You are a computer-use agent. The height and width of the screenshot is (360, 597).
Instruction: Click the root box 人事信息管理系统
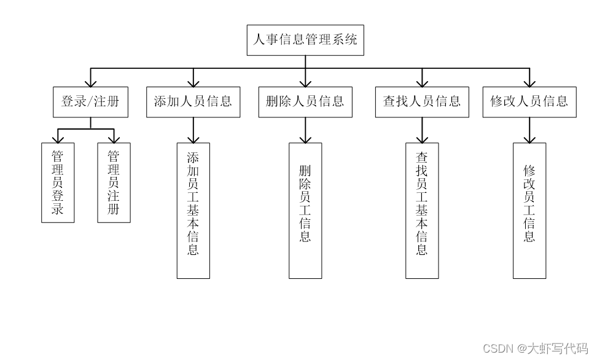click(305, 40)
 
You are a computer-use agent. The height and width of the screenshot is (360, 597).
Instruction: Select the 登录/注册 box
click(90, 102)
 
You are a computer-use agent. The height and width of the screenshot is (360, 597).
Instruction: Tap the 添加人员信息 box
click(193, 102)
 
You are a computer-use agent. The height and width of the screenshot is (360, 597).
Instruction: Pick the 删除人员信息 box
click(305, 102)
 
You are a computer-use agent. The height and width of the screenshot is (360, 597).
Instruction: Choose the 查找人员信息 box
click(422, 102)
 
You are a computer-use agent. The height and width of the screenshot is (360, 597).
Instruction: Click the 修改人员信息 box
click(529, 102)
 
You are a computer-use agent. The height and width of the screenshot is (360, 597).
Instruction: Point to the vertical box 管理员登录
click(58, 182)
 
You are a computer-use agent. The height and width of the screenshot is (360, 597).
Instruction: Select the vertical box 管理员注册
click(114, 182)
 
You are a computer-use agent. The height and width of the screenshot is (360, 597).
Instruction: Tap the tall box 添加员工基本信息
click(193, 211)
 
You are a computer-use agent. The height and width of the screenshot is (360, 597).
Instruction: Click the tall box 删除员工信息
click(305, 211)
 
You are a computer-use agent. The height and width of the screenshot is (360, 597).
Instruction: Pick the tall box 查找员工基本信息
click(422, 211)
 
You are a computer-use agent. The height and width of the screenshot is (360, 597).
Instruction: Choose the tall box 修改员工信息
click(529, 211)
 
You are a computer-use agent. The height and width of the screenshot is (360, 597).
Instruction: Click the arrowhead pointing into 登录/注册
click(90, 82)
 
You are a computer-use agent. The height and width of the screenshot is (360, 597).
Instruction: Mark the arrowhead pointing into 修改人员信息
click(529, 82)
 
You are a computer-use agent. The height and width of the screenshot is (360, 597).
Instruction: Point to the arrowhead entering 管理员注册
click(114, 138)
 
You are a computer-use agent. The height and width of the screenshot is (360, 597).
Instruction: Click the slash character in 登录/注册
click(90, 102)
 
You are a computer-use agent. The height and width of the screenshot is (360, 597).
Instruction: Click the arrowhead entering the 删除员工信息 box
click(305, 138)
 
